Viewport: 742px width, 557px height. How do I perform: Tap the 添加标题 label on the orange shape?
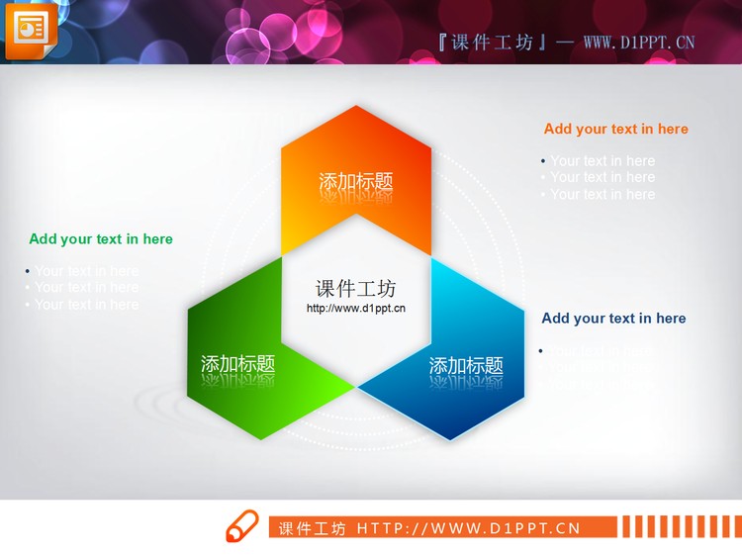click(356, 182)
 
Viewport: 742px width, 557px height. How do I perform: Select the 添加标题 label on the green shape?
click(237, 364)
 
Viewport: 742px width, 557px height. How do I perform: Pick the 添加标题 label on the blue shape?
click(466, 366)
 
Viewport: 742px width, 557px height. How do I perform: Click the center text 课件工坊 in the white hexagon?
click(356, 289)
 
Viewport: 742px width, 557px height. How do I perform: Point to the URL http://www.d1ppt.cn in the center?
click(356, 309)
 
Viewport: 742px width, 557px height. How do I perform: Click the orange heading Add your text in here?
click(615, 129)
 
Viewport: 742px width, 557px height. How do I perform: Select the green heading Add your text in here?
click(101, 238)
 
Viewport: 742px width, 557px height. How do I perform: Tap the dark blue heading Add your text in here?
click(613, 318)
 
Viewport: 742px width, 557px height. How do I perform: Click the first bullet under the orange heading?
click(603, 161)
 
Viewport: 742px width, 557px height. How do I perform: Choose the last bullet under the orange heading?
click(603, 195)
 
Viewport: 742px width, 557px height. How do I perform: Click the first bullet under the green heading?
click(87, 271)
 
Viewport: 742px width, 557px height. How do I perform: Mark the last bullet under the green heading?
click(87, 305)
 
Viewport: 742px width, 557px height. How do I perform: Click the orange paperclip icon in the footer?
click(240, 526)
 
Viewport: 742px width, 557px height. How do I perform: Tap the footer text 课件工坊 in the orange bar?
click(313, 528)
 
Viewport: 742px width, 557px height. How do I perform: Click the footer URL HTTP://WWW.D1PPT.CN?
click(468, 528)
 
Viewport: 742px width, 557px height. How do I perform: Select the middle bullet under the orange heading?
click(603, 178)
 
